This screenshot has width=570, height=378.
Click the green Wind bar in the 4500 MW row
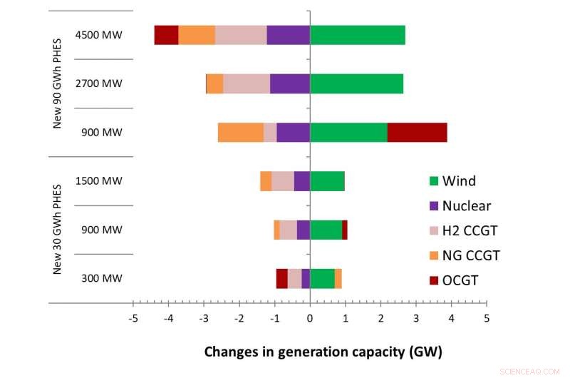[357, 35]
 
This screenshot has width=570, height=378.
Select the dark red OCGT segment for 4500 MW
[166, 35]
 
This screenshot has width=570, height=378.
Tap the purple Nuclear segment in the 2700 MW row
[289, 83]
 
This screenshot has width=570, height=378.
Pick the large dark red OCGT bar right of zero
[417, 133]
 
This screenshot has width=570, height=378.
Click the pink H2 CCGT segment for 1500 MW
[282, 181]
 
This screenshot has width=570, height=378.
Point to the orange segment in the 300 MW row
[338, 278]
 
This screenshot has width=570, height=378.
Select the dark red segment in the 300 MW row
[281, 278]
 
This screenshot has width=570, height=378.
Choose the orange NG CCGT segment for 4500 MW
[197, 35]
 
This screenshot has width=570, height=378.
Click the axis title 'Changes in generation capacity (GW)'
[323, 351]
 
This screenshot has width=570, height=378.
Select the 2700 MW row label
[98, 83]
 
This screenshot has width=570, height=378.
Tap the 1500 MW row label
[98, 181]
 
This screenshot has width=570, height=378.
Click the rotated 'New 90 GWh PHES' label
[58, 83]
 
